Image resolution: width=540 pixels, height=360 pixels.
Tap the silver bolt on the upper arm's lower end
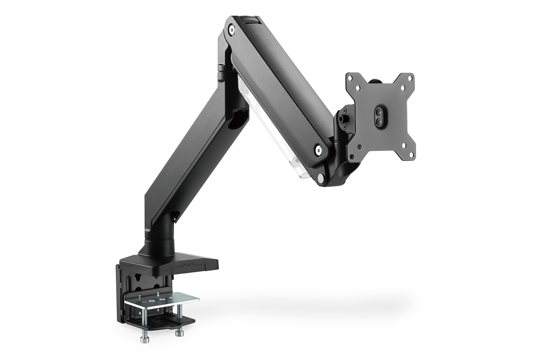(318, 148)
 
